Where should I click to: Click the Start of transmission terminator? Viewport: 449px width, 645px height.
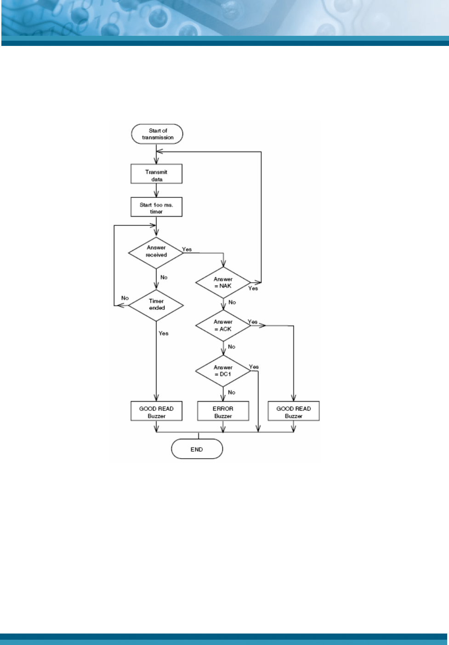[x=157, y=134]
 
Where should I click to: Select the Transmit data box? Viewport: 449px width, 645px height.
[x=156, y=175]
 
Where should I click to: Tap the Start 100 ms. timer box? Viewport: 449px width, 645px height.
[x=156, y=208]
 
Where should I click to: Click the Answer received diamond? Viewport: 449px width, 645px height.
[x=156, y=252]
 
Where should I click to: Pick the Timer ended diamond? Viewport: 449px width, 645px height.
[x=156, y=304]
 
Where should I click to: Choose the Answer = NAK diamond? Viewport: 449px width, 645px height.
[x=223, y=282]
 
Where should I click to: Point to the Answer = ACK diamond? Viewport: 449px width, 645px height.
[x=223, y=325]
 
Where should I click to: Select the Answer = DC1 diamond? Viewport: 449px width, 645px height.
[x=223, y=370]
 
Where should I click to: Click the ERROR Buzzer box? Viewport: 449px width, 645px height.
[x=223, y=412]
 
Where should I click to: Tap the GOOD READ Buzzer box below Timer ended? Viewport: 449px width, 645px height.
[x=156, y=412]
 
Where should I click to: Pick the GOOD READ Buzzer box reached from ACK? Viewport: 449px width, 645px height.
[x=293, y=412]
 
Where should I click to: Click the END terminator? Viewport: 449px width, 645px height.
[x=197, y=449]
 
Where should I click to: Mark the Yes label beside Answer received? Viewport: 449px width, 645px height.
[x=187, y=249]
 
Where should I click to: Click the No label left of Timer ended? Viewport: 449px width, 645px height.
[x=125, y=298]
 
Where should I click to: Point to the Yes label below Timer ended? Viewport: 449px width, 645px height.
[x=164, y=333]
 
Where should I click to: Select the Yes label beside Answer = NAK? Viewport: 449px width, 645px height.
[x=253, y=288]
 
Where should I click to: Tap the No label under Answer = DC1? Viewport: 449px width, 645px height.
[x=232, y=393]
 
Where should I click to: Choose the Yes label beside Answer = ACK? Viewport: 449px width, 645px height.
[x=253, y=322]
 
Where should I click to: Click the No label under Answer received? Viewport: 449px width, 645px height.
[x=164, y=277]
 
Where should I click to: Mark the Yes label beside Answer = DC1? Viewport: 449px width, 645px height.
[x=254, y=367]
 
